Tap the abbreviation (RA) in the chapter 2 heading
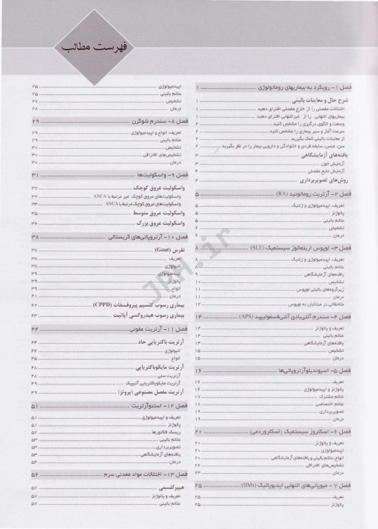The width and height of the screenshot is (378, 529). (282, 196)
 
